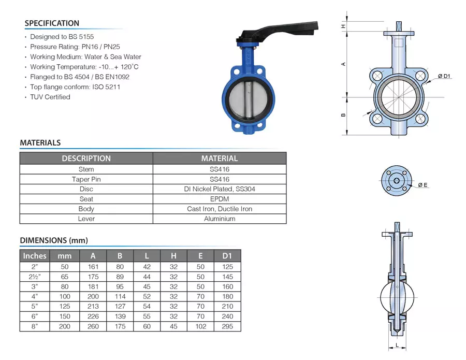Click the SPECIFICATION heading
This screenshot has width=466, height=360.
[52, 23]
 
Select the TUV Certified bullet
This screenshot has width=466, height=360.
[50, 97]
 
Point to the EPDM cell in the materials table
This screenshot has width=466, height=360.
[220, 199]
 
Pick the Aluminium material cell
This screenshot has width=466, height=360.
[220, 219]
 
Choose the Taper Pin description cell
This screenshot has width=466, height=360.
[86, 179]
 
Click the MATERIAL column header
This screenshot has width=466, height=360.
[220, 159]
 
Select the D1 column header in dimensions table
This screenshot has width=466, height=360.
[227, 255]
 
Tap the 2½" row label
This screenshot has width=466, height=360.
[35, 277]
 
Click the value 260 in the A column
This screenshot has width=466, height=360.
[93, 326]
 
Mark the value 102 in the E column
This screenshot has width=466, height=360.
[200, 326]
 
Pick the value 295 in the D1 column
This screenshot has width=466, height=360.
[227, 326]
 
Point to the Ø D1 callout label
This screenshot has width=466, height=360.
[445, 77]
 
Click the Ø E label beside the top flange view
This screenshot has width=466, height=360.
[423, 185]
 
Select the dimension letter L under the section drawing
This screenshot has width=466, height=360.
[397, 345]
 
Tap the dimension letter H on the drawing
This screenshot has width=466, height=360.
[343, 26]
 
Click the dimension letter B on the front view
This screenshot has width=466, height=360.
[343, 115]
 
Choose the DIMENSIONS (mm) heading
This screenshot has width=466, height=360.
[54, 240]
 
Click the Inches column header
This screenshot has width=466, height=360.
[35, 255]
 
